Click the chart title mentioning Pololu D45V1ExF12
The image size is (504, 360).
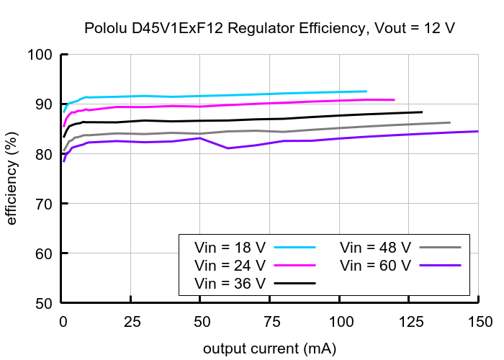pos(269,29)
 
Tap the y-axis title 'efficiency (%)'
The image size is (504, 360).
pos(12,179)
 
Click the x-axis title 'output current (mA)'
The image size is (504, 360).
pos(269,348)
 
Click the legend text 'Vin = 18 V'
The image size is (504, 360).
pos(230,247)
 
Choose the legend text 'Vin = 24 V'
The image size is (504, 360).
pos(230,265)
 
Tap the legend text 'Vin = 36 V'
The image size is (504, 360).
pos(230,283)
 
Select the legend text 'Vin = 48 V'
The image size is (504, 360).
pos(375,247)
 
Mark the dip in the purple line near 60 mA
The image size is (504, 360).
pos(229,148)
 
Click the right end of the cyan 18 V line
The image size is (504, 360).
pos(366,91)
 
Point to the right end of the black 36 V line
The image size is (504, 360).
pos(422,112)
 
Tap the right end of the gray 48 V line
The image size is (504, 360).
pos(450,122)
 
